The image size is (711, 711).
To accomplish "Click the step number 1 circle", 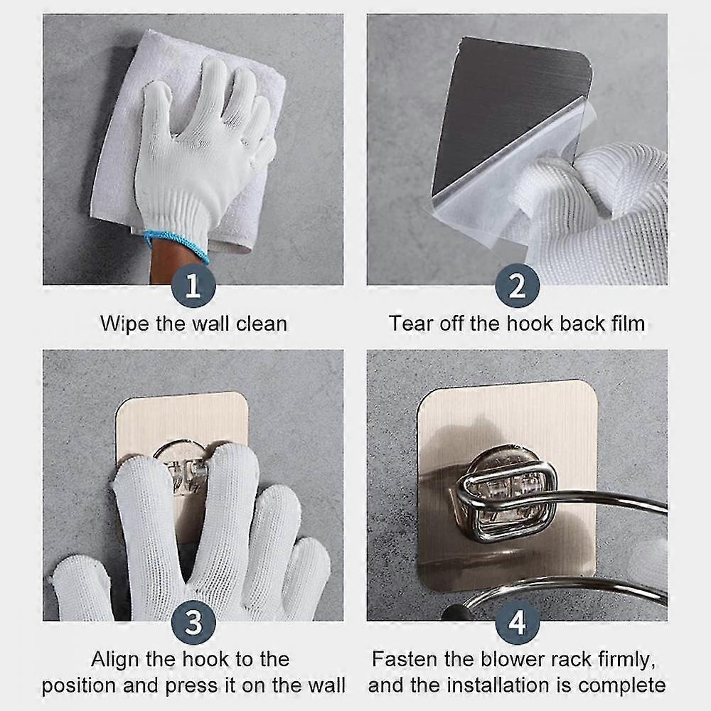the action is coord(193,286).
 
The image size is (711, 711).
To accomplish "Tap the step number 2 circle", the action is coord(518,286).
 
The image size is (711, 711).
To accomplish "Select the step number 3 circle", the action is coord(193,622).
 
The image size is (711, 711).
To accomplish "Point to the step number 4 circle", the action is coord(518,622).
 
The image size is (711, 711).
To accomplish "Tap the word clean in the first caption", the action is coord(262,324).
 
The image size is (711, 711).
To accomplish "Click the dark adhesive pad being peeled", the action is coord(503,109).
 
